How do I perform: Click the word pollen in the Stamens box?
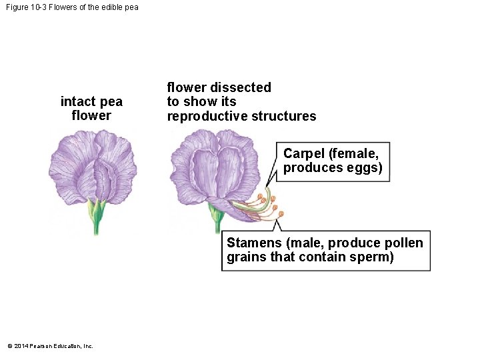click(x=403, y=243)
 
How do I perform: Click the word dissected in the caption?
click(x=241, y=87)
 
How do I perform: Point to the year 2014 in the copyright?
click(x=19, y=346)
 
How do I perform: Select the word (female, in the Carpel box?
click(x=354, y=154)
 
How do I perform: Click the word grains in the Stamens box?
click(x=246, y=257)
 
